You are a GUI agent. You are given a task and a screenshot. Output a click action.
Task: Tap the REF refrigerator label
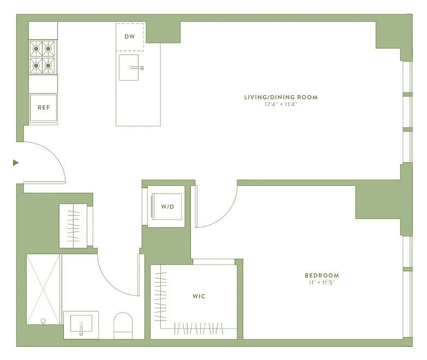pyautogui.click(x=43, y=108)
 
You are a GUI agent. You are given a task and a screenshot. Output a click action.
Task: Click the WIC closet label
pyautogui.click(x=199, y=296)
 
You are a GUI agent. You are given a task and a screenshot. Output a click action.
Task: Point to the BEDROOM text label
pyautogui.click(x=322, y=275)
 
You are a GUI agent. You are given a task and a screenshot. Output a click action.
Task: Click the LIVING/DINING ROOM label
pyautogui.click(x=281, y=97)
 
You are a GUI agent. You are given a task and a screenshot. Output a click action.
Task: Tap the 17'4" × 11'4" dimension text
pyautogui.click(x=281, y=104)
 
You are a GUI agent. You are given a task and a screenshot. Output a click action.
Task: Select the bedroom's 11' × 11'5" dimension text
pyautogui.click(x=322, y=283)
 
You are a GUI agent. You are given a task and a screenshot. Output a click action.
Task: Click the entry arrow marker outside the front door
pyautogui.click(x=16, y=162)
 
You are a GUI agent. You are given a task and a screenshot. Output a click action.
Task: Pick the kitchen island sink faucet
pyautogui.click(x=136, y=68)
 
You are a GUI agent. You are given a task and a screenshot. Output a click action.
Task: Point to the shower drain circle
pyautogui.click(x=43, y=321)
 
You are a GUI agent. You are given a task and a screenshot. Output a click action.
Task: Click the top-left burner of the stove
pyautogui.click(x=36, y=47)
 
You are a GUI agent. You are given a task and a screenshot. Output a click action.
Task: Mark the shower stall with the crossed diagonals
pyautogui.click(x=43, y=288)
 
